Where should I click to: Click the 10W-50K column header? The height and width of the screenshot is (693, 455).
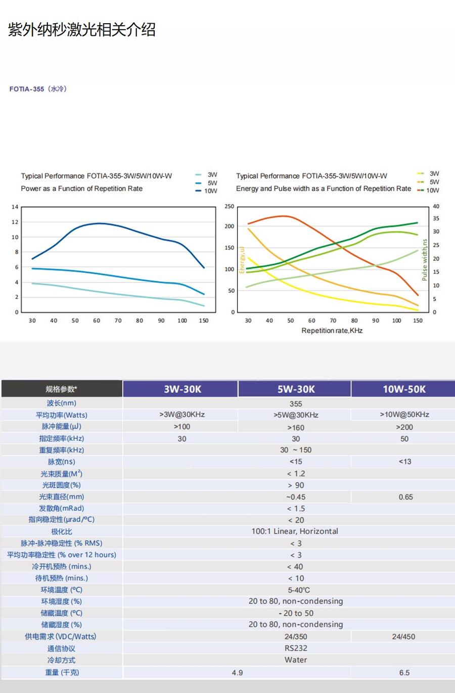pyautogui.click(x=403, y=389)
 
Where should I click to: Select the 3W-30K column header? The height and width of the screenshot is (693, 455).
pyautogui.click(x=182, y=389)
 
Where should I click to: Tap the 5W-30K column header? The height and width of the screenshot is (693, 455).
pyautogui.click(x=296, y=389)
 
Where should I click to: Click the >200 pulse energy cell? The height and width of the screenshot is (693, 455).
pyautogui.click(x=404, y=427)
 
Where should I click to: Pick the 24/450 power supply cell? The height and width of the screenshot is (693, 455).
pyautogui.click(x=403, y=636)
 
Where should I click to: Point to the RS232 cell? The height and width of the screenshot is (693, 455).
pyautogui.click(x=296, y=648)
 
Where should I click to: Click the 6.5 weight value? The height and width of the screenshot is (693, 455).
pyautogui.click(x=404, y=673)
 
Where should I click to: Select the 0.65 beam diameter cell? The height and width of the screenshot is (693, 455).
pyautogui.click(x=405, y=497)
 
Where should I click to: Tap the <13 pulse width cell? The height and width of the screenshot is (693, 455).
pyautogui.click(x=404, y=461)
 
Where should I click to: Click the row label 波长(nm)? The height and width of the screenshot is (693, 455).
pyautogui.click(x=62, y=403)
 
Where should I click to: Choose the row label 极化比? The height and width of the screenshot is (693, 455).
pyautogui.click(x=62, y=531)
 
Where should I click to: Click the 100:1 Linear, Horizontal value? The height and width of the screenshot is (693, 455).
pyautogui.click(x=295, y=531)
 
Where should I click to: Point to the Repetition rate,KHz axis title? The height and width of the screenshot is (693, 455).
pyautogui.click(x=332, y=331)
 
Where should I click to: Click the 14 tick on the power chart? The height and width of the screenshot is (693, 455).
pyautogui.click(x=15, y=207)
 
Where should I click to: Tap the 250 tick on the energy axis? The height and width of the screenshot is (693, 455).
pyautogui.click(x=229, y=207)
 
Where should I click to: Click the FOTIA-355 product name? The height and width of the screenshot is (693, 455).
pyautogui.click(x=27, y=89)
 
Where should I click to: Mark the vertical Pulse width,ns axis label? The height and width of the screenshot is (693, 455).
pyautogui.click(x=424, y=260)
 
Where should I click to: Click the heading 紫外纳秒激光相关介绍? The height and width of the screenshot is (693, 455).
pyautogui.click(x=82, y=30)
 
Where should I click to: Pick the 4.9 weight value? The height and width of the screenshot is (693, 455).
pyautogui.click(x=237, y=673)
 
